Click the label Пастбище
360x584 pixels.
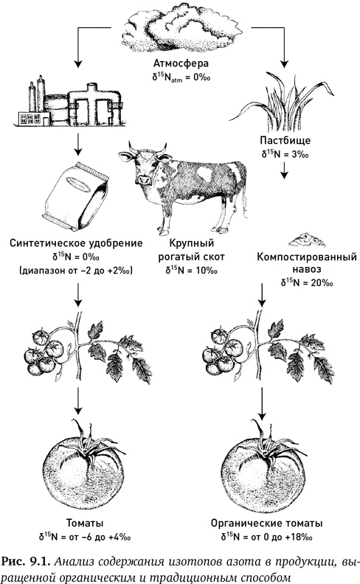coord(283,140)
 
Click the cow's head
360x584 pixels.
coord(143,167)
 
